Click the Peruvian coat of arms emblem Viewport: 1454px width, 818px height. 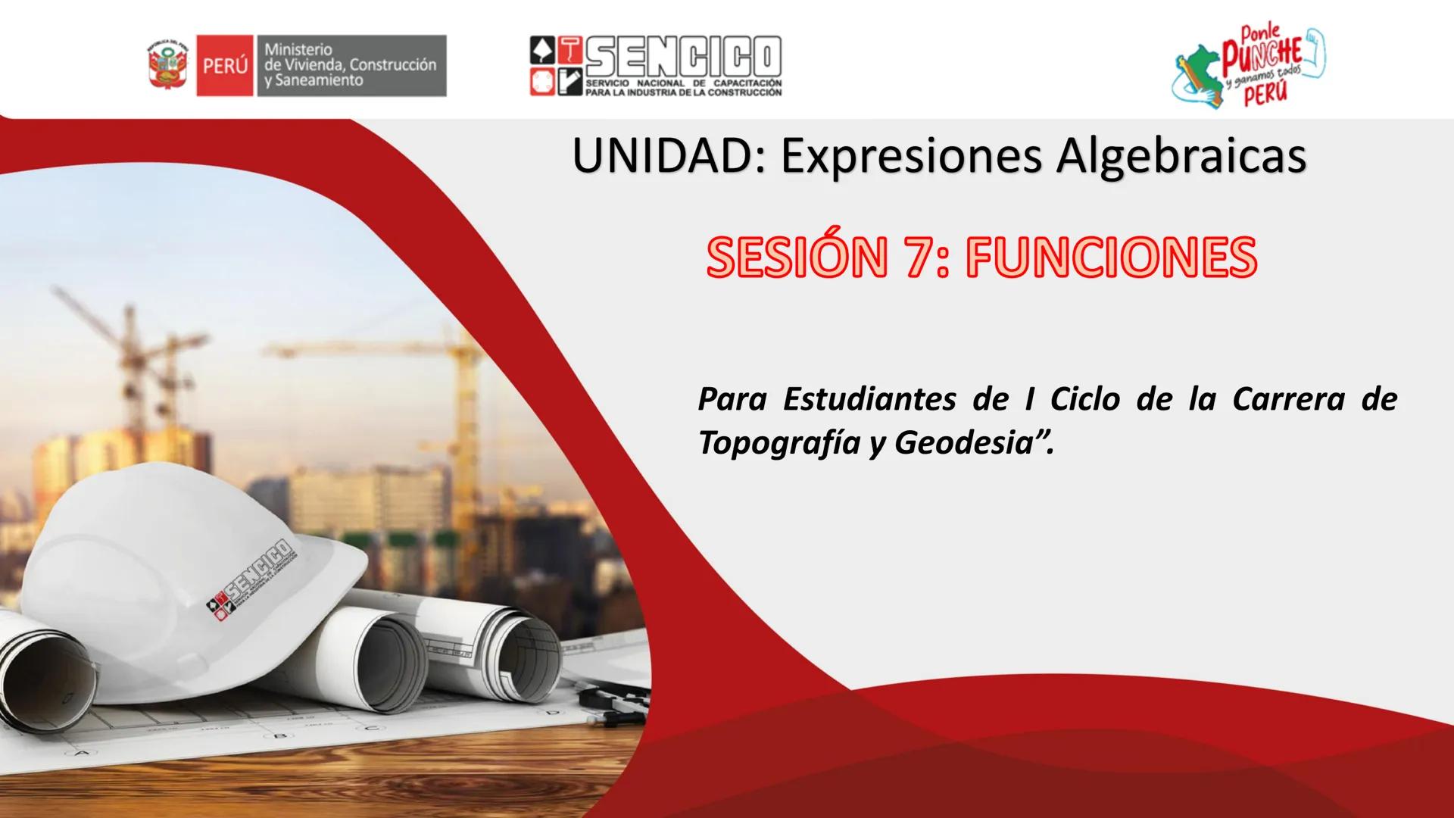coord(168,65)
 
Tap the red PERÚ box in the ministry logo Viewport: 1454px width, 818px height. coord(224,66)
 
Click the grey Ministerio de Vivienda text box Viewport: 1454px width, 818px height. coord(350,66)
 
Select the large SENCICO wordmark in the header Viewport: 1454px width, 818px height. coord(682,58)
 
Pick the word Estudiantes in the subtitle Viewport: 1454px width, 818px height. coord(869,399)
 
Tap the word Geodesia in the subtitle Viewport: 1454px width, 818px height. coord(959,443)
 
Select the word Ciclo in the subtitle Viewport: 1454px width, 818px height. coord(1084,399)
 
